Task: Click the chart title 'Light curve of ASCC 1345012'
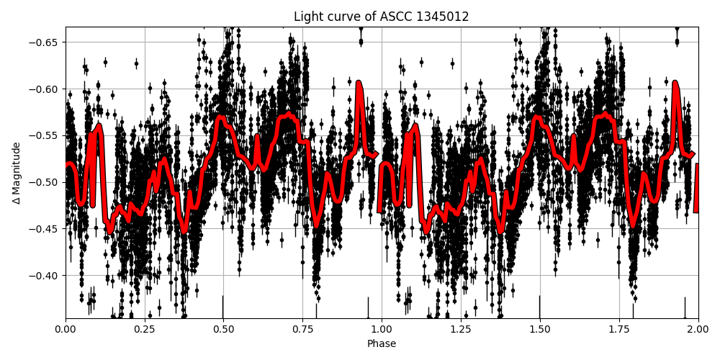(381, 17)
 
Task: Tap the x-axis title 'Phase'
(381, 344)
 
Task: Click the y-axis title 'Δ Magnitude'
(16, 173)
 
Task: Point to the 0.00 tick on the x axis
(66, 330)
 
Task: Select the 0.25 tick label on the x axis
(145, 330)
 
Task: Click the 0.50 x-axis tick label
(223, 330)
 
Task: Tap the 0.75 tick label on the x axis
(302, 330)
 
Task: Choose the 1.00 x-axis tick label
(382, 330)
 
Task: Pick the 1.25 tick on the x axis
(461, 330)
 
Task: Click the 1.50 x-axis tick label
(539, 330)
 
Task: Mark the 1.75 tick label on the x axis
(618, 330)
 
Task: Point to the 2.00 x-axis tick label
(698, 330)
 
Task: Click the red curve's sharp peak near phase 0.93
(359, 84)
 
